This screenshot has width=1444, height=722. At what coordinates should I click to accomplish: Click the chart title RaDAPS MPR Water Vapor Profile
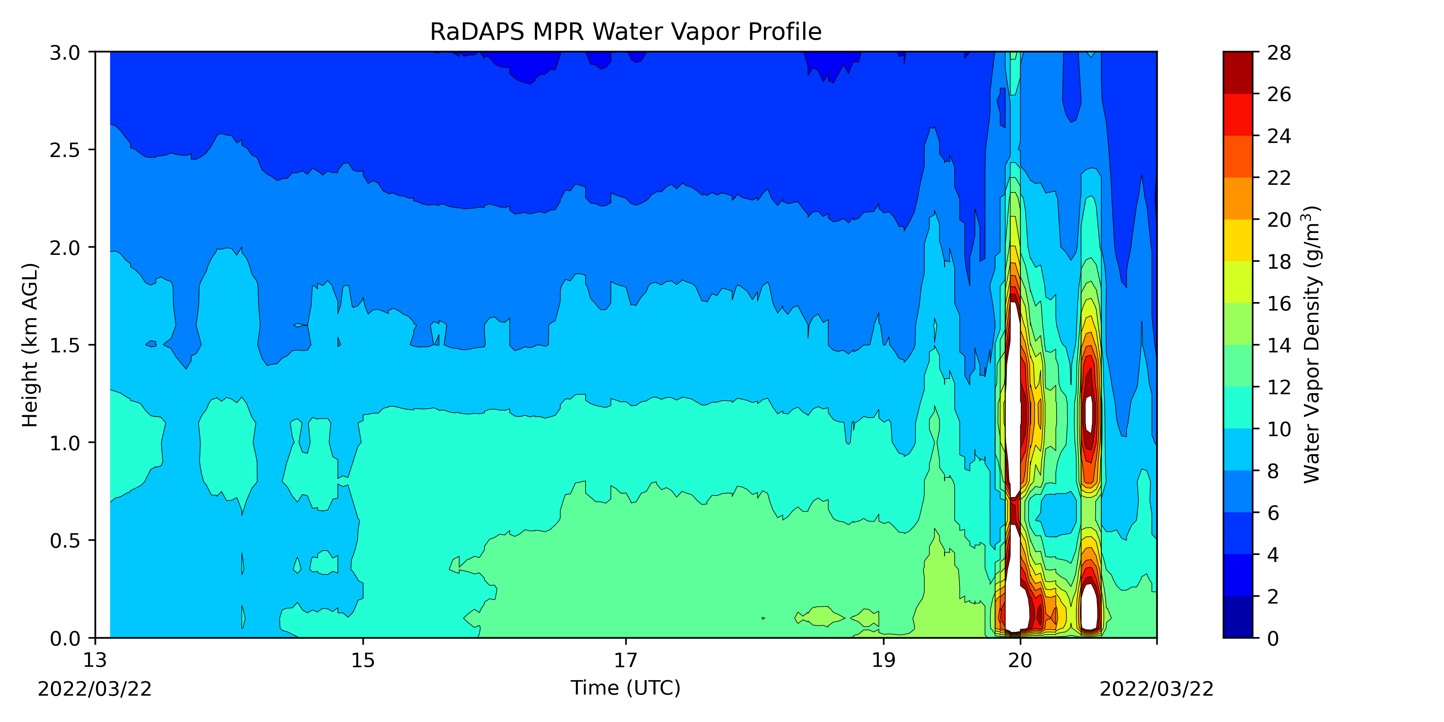point(626,32)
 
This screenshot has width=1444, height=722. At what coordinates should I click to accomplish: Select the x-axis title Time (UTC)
point(626,687)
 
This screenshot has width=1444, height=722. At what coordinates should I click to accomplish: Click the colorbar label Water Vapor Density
point(1312,345)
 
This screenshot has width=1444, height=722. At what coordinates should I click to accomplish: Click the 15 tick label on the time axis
point(363,660)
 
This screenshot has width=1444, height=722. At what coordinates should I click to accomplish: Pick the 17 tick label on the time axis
point(626,660)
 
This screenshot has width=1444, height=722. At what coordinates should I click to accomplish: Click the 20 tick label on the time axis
point(1020,660)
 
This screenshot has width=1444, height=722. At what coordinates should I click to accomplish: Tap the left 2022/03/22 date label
point(95,689)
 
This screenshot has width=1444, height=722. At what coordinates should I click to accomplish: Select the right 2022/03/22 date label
point(1156,689)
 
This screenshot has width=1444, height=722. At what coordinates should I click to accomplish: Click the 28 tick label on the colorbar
point(1279,53)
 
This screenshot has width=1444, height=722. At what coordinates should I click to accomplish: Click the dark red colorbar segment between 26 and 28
point(1238,73)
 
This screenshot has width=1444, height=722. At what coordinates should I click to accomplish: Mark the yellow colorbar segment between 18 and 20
point(1238,240)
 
